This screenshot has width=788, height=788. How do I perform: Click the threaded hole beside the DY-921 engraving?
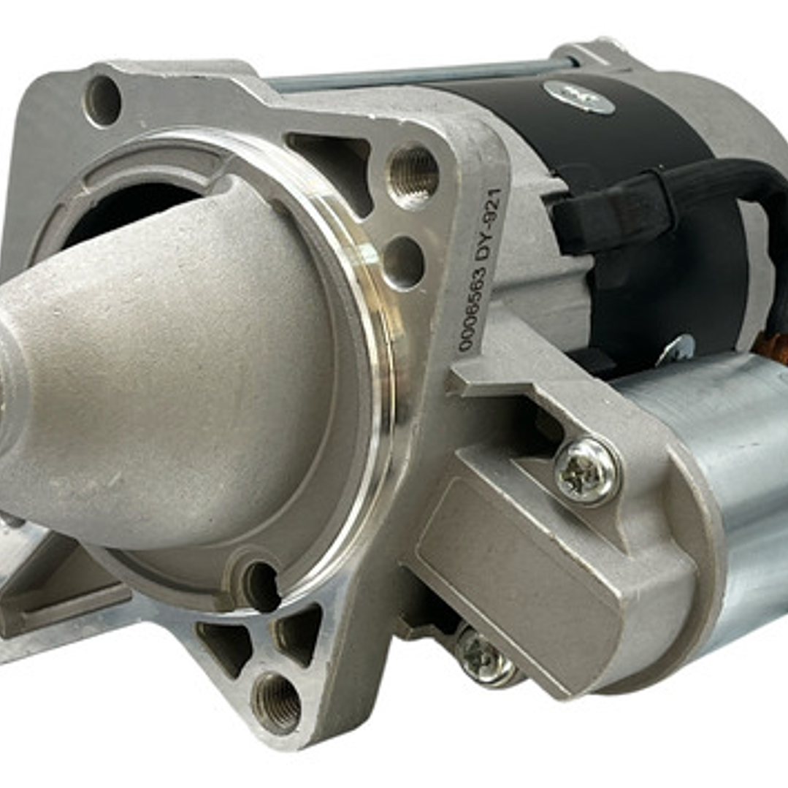tap(413, 176)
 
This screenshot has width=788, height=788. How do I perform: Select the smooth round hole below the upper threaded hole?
tap(403, 261)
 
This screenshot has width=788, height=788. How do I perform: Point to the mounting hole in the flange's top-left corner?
tap(102, 100)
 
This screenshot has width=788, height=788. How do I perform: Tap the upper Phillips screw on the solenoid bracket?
tap(586, 471)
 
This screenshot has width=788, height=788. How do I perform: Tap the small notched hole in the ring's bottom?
tap(261, 585)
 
